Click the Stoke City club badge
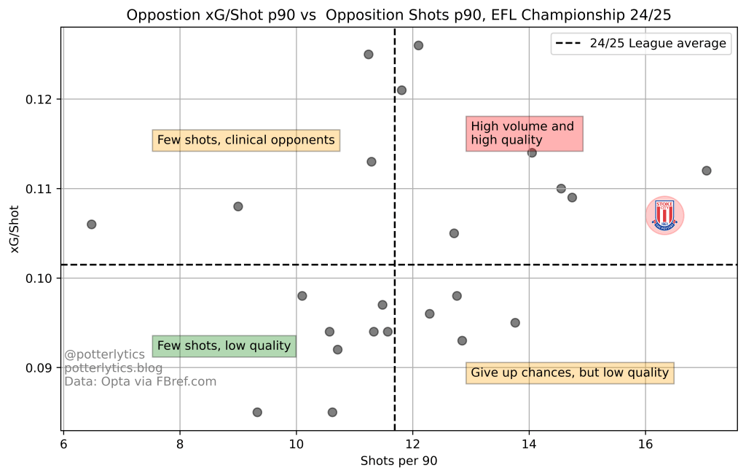(x=664, y=215)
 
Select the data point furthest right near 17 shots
(x=706, y=171)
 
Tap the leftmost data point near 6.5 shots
(x=91, y=225)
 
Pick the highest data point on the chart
(x=418, y=45)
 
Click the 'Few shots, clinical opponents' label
(x=246, y=140)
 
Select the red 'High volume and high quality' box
(x=524, y=133)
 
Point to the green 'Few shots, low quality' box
(x=224, y=346)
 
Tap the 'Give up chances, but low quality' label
(x=570, y=373)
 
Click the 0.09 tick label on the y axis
(x=41, y=368)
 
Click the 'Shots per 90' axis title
(x=399, y=461)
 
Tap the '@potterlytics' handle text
(x=104, y=355)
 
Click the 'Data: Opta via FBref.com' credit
(x=140, y=381)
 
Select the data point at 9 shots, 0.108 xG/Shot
(x=237, y=206)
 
